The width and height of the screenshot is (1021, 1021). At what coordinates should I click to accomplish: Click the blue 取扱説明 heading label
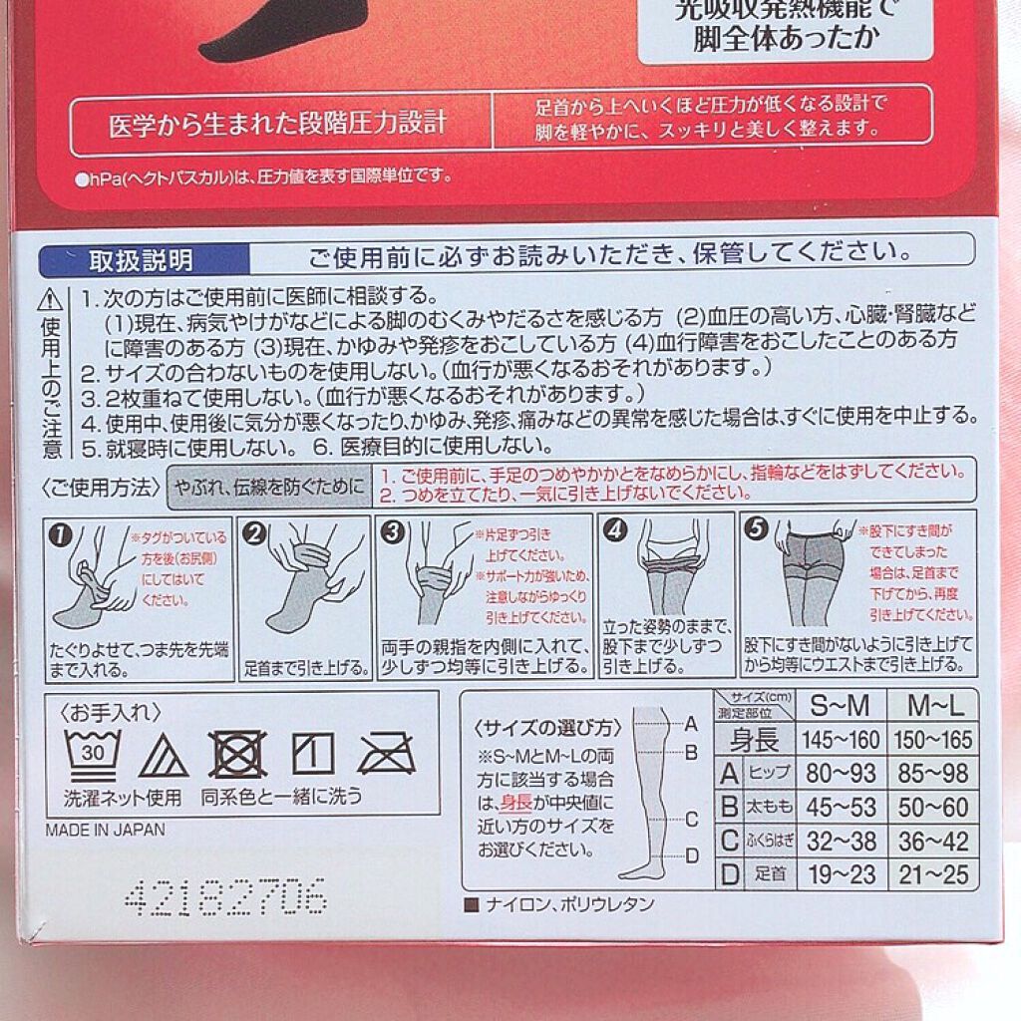pyautogui.click(x=141, y=261)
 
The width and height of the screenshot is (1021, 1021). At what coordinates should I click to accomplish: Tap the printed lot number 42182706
pyautogui.click(x=225, y=898)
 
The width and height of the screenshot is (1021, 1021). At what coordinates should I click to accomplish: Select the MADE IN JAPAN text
pyautogui.click(x=105, y=829)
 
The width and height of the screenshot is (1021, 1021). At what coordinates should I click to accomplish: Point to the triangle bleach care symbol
pyautogui.click(x=164, y=757)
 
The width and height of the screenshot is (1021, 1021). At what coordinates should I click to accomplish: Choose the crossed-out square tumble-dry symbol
pyautogui.click(x=238, y=754)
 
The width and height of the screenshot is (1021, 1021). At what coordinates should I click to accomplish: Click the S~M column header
pyautogui.click(x=839, y=706)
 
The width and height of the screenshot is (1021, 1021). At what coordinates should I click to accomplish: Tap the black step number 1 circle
pyautogui.click(x=63, y=533)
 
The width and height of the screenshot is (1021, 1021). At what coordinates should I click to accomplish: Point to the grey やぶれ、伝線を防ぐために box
pyautogui.click(x=268, y=487)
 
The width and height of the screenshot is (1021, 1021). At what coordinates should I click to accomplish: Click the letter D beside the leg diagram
pyautogui.click(x=691, y=854)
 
